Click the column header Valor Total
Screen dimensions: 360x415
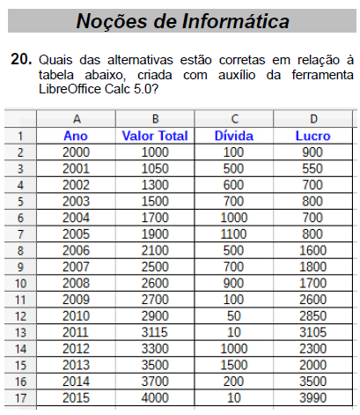(x=155, y=137)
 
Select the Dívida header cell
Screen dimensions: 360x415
(x=234, y=137)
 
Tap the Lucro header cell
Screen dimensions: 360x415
(x=313, y=137)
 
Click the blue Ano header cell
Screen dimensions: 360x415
(x=77, y=137)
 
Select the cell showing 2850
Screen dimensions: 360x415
(x=313, y=316)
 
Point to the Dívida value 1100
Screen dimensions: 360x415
(x=234, y=233)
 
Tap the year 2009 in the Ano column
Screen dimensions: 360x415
(x=77, y=300)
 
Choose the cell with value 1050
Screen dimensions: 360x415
(x=155, y=168)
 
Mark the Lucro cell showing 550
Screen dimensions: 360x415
(x=313, y=168)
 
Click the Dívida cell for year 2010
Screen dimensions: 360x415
(x=234, y=316)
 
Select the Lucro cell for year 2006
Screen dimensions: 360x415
(x=313, y=250)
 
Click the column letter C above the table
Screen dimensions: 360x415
(x=234, y=119)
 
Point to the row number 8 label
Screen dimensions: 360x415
(x=20, y=250)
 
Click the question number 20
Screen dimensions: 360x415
(x=20, y=59)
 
